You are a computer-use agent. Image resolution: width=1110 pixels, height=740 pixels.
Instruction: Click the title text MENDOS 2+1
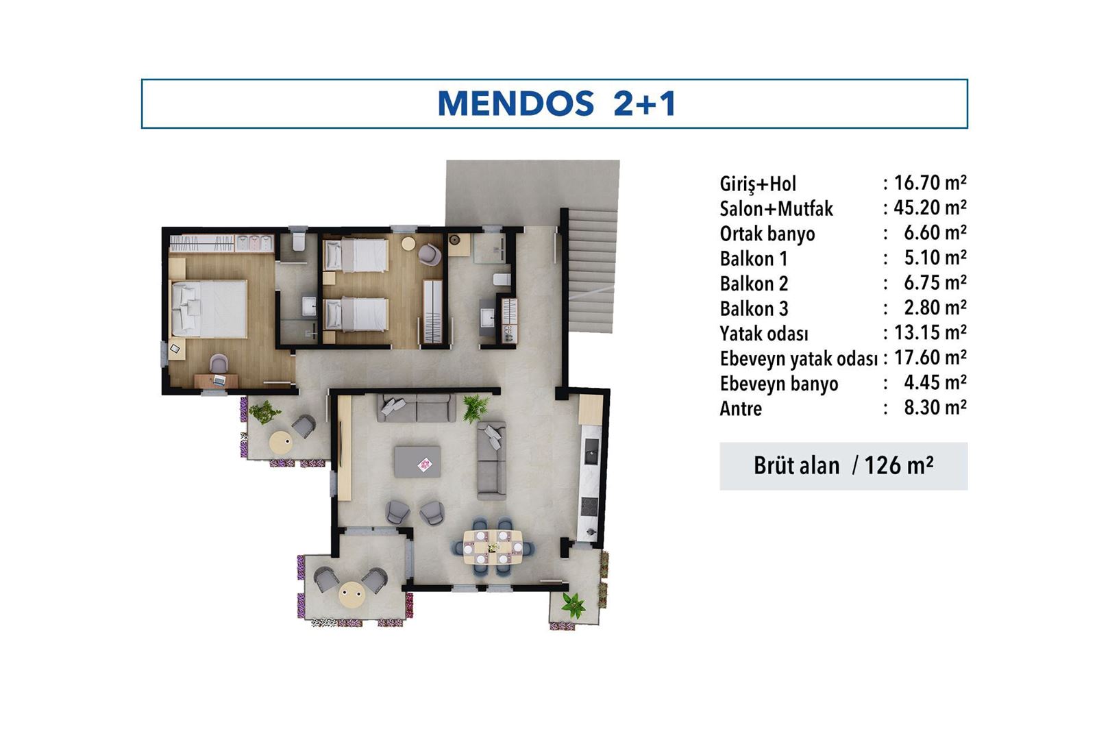coord(556,104)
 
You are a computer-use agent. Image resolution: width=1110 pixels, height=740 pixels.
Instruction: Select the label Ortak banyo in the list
coord(767,234)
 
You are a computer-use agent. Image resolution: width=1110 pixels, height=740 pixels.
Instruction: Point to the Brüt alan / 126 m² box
coord(843,466)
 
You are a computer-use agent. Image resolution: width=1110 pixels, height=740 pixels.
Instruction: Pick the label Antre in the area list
coord(740,409)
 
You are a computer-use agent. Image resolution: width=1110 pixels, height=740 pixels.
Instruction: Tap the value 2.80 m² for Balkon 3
coord(934,308)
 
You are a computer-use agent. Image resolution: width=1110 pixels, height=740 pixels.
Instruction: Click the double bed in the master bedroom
coord(209,308)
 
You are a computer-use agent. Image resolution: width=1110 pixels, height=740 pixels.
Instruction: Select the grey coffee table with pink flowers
coord(417,462)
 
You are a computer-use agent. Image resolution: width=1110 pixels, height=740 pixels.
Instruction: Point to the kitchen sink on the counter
coord(590,450)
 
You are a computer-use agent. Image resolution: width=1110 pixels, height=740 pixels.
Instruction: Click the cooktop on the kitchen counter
coord(589,506)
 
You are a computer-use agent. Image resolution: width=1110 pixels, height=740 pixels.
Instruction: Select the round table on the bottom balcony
coord(351,593)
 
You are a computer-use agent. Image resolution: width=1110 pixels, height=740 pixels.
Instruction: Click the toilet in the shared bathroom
coord(502,279)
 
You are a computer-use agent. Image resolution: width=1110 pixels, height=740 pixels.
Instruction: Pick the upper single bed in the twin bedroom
coord(356,255)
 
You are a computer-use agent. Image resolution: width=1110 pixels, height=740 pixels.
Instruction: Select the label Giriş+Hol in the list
coord(757,184)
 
